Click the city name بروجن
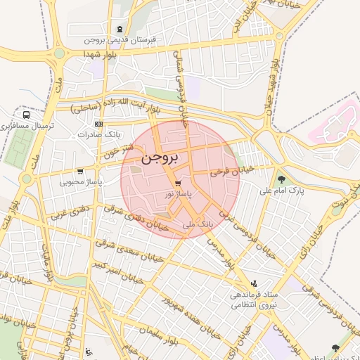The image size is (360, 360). coord(160,157)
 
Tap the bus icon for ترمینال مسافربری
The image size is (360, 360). coord(26,115)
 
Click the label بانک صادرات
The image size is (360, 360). coord(96,134)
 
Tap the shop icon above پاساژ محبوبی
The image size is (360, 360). coord(81,171)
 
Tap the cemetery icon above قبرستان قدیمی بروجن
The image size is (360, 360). coord(120,29)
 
